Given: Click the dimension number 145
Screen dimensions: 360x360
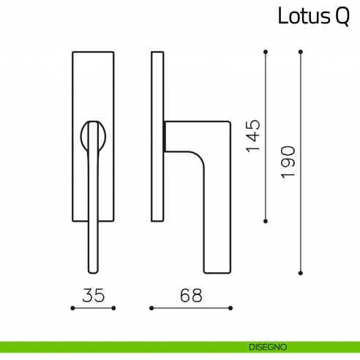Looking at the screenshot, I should coord(252,135).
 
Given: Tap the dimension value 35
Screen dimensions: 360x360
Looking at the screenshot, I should coord(93,296).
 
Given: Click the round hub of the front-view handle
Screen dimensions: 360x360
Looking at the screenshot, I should coord(93,136).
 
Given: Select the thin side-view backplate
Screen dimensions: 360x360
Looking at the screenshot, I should coord(156,136).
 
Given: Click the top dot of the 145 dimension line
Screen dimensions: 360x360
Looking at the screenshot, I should coord(265,52).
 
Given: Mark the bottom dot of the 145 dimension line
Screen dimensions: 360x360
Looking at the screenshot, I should coord(265,220).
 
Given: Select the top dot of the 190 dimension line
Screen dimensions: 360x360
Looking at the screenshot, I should coord(301,52).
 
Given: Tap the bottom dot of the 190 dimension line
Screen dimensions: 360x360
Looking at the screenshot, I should coord(301,272).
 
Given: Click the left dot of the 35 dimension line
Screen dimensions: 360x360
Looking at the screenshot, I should coord(72,309).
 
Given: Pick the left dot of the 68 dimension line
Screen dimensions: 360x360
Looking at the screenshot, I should coord(151,309).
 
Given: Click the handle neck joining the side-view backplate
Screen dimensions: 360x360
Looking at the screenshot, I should coord(167,136).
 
